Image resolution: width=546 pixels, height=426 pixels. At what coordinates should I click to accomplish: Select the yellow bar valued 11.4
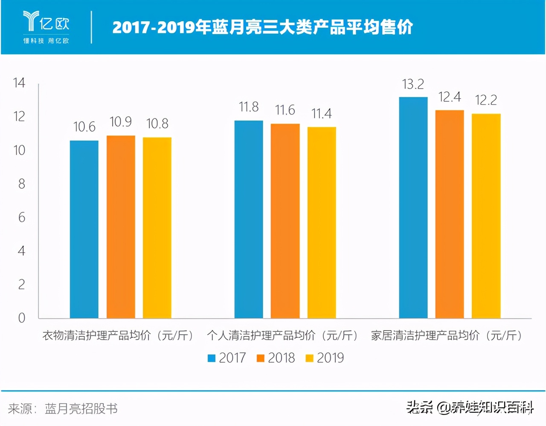click(x=322, y=222)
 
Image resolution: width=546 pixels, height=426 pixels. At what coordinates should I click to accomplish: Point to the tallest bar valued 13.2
click(x=413, y=207)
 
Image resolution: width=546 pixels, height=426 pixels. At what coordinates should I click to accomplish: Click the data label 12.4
click(x=450, y=98)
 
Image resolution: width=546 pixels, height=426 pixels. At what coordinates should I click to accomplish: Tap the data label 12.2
click(x=486, y=101)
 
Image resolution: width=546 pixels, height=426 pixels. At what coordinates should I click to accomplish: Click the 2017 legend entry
click(x=227, y=358)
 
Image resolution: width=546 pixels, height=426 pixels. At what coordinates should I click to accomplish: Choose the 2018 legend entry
click(x=276, y=358)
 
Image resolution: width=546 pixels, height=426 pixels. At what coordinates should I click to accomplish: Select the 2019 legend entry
click(x=325, y=358)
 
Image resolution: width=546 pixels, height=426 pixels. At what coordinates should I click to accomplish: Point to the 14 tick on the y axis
click(x=19, y=83)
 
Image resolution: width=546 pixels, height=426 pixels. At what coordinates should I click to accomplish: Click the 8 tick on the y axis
click(x=21, y=184)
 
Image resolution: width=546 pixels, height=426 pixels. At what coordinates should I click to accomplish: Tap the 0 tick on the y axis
click(x=21, y=318)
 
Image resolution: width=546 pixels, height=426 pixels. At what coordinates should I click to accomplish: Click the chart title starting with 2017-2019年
click(x=262, y=27)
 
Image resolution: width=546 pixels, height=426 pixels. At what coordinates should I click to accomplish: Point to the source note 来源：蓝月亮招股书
click(x=63, y=409)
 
